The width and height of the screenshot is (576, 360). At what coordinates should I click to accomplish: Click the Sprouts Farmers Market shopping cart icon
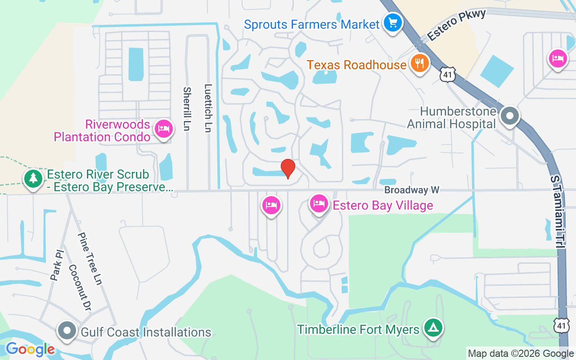coord(392,22)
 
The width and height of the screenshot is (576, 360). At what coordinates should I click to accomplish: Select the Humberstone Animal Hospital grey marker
coord(509,116)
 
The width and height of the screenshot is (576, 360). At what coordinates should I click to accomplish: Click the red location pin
coord(288,169)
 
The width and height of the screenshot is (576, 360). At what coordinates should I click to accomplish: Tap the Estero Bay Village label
coord(382,206)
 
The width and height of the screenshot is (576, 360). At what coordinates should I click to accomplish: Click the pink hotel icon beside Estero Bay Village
coord(319,203)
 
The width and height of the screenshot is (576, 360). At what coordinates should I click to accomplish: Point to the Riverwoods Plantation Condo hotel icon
coord(163,129)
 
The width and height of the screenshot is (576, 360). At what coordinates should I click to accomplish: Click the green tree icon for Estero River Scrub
coord(33,178)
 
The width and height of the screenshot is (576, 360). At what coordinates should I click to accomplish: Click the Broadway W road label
coord(411,190)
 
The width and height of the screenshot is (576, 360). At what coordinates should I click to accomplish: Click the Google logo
coord(30,349)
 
